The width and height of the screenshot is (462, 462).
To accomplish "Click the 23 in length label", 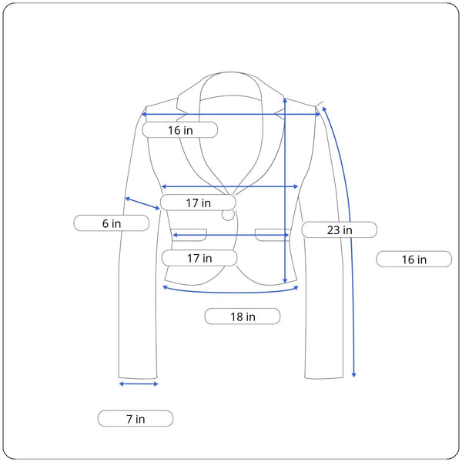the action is pos(340,229).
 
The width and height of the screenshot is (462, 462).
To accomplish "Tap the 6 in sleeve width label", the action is pos(112,223).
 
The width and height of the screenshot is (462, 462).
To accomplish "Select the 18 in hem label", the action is pos(243,316).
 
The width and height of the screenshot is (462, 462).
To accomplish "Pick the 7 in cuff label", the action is pos(136,418).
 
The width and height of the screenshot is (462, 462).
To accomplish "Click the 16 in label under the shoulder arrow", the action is pos(180,130).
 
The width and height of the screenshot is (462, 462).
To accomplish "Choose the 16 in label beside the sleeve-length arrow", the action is pos(414,259).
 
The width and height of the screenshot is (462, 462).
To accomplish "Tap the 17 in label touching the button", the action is pos(199,203).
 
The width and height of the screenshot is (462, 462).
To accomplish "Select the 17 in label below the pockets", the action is pos(199,258).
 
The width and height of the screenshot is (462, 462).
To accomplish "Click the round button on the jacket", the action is pos(228,215).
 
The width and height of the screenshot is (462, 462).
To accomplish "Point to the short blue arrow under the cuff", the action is pos(139,383).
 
